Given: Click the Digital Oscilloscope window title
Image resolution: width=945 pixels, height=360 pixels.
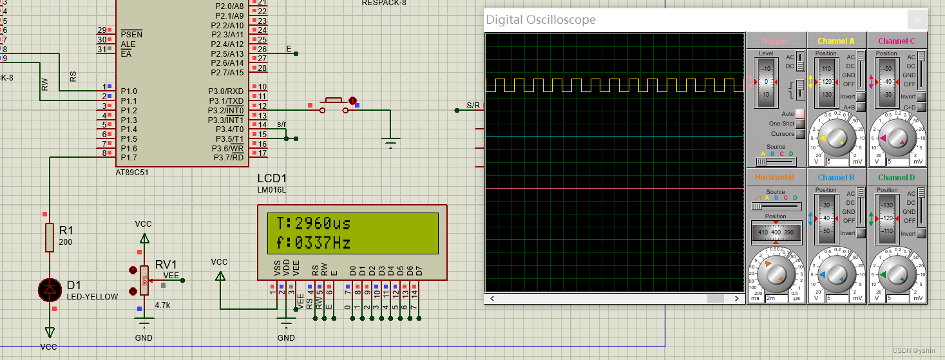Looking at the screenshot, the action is (x=540, y=20).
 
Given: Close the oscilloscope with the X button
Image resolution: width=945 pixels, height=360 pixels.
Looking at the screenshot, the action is (x=917, y=19).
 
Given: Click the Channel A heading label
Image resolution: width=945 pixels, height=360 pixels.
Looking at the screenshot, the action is (x=835, y=41).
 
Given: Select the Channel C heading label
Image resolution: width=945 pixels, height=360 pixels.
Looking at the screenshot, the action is (x=896, y=41).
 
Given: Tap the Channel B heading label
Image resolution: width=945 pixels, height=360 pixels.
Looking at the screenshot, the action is (x=835, y=178).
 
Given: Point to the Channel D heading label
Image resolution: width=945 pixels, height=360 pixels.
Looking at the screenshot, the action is (x=896, y=178).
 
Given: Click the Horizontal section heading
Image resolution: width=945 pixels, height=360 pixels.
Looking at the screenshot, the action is (x=774, y=177).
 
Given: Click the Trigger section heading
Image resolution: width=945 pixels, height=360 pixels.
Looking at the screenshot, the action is (x=774, y=41).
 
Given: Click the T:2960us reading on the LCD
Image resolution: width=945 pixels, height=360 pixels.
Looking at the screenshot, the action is (x=313, y=224).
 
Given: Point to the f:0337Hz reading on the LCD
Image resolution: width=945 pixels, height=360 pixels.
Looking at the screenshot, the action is (x=313, y=243).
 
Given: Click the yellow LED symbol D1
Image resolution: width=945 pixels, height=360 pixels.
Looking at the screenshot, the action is (x=50, y=290).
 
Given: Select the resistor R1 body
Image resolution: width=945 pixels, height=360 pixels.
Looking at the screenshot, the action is (x=50, y=237).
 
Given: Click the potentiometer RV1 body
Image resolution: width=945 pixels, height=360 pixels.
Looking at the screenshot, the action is (x=144, y=281).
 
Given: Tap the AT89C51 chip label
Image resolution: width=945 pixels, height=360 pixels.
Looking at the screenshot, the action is (x=132, y=173).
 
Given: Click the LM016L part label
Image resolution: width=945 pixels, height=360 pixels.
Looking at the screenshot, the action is (x=272, y=189).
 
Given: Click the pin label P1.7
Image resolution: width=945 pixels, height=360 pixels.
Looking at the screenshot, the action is (x=129, y=158).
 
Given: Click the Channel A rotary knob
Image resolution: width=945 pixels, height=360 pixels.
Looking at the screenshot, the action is (x=835, y=138).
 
